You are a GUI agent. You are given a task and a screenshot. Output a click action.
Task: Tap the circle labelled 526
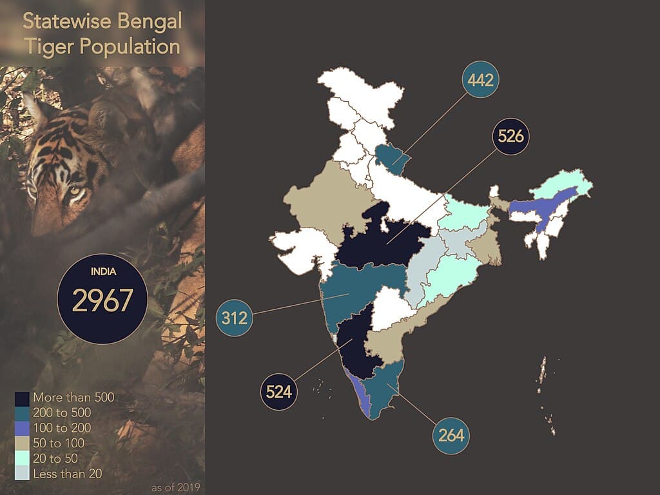(x=510, y=136)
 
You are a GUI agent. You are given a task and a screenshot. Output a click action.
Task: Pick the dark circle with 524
(x=279, y=391)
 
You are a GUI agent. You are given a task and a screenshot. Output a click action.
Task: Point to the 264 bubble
(x=451, y=434)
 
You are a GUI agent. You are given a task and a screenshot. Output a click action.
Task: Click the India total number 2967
(x=102, y=300)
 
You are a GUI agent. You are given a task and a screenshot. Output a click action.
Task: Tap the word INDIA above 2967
(x=102, y=271)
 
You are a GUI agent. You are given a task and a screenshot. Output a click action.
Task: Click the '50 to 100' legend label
(x=61, y=443)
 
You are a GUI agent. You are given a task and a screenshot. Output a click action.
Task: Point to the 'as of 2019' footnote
(x=176, y=487)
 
